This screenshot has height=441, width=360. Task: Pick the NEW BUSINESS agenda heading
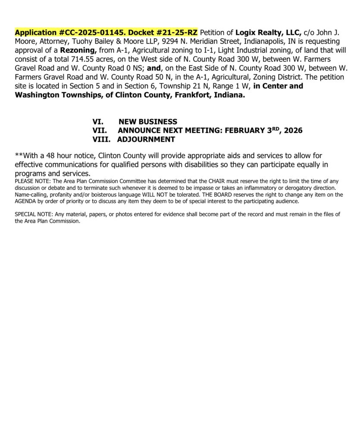pos(148,122)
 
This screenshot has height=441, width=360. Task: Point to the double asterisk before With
pos(17,155)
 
